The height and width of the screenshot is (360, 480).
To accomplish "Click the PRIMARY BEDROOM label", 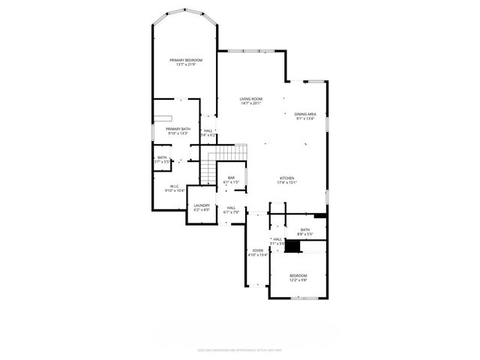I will click(187, 60).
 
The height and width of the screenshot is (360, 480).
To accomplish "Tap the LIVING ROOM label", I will click(251, 99).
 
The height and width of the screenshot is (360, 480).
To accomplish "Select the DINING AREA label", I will click(305, 114).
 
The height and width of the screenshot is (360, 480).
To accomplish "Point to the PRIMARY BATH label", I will click(178, 129).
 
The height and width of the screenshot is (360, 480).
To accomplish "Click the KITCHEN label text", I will click(287, 178).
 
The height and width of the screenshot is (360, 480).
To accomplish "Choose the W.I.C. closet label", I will click(174, 186).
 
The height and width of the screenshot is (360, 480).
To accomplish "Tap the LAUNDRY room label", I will click(202, 205).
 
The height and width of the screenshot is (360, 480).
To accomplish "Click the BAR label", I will click(232, 178).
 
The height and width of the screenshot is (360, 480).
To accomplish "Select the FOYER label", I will click(258, 250).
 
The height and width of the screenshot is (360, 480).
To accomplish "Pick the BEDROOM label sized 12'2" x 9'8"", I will click(298, 276).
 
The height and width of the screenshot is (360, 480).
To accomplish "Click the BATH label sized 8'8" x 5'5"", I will click(305, 229).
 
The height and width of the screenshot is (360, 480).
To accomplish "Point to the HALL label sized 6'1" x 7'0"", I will click(231, 208).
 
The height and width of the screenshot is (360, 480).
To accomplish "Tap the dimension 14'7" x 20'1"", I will click(251, 103).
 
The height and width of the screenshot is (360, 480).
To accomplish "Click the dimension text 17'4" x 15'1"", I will click(287, 182).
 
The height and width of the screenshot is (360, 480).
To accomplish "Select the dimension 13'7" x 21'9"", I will click(187, 64).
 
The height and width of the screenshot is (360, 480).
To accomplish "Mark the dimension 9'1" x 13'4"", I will click(305, 118).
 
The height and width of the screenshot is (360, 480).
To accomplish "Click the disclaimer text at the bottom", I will click(240, 349).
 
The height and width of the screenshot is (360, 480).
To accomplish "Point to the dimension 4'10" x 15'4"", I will click(258, 255).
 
